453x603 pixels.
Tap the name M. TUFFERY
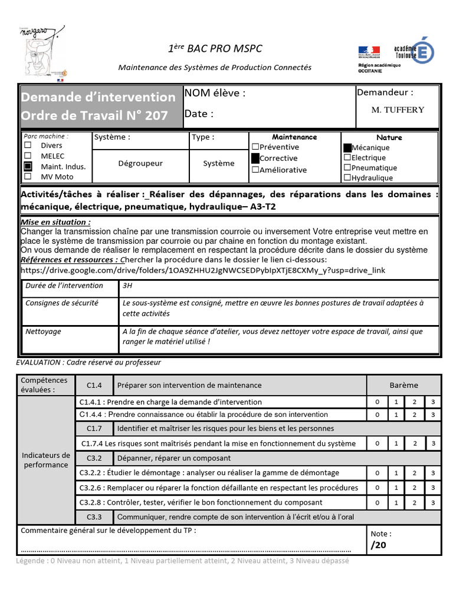(x=398, y=110)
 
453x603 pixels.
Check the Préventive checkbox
(x=255, y=147)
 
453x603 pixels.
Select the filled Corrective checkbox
(x=255, y=158)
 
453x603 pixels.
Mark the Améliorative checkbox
(x=255, y=170)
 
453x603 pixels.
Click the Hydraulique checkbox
(x=347, y=177)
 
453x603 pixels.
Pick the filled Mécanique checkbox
(x=347, y=148)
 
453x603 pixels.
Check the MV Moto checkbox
(x=28, y=177)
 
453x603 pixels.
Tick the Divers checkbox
(x=28, y=145)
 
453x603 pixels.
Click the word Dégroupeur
(x=140, y=163)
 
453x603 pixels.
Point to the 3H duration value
(x=127, y=286)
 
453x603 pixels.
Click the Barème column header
(x=403, y=385)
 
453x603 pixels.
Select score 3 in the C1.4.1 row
(x=433, y=402)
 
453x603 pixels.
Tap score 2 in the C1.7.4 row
(x=414, y=443)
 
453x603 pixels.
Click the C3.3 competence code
(x=94, y=517)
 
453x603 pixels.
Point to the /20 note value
(x=378, y=545)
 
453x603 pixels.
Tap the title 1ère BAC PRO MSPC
(x=215, y=49)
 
